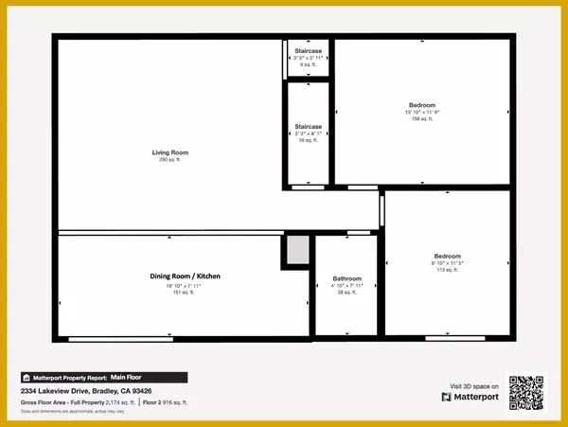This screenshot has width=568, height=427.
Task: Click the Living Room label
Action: (x=170, y=152)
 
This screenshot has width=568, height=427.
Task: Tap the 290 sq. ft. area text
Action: (x=170, y=160)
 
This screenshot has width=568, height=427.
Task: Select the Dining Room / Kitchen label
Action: (x=186, y=276)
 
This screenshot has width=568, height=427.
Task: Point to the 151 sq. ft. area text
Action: (x=186, y=292)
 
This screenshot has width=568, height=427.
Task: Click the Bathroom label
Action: (x=346, y=278)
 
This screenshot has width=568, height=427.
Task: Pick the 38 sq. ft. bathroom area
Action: (x=346, y=293)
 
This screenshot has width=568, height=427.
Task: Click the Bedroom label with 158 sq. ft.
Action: (x=422, y=104)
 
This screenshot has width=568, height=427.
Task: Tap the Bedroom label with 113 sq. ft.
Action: (x=447, y=256)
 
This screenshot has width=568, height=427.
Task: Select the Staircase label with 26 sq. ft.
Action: (x=309, y=126)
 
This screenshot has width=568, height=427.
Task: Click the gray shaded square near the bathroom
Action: (x=297, y=251)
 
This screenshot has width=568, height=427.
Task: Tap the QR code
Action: (x=527, y=393)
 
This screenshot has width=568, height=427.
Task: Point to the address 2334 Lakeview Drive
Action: (x=86, y=390)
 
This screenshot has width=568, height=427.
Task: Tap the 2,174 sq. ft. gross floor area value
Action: (x=117, y=402)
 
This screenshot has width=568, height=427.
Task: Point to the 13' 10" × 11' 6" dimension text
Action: (x=422, y=112)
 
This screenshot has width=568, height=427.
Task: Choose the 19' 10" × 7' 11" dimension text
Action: (x=186, y=284)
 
